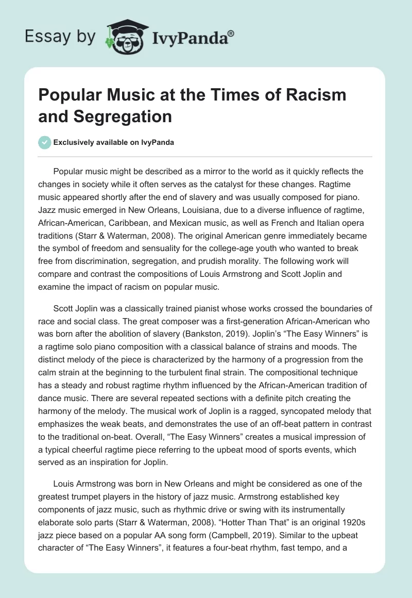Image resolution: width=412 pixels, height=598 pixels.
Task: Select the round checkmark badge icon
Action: pos(45,142)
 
